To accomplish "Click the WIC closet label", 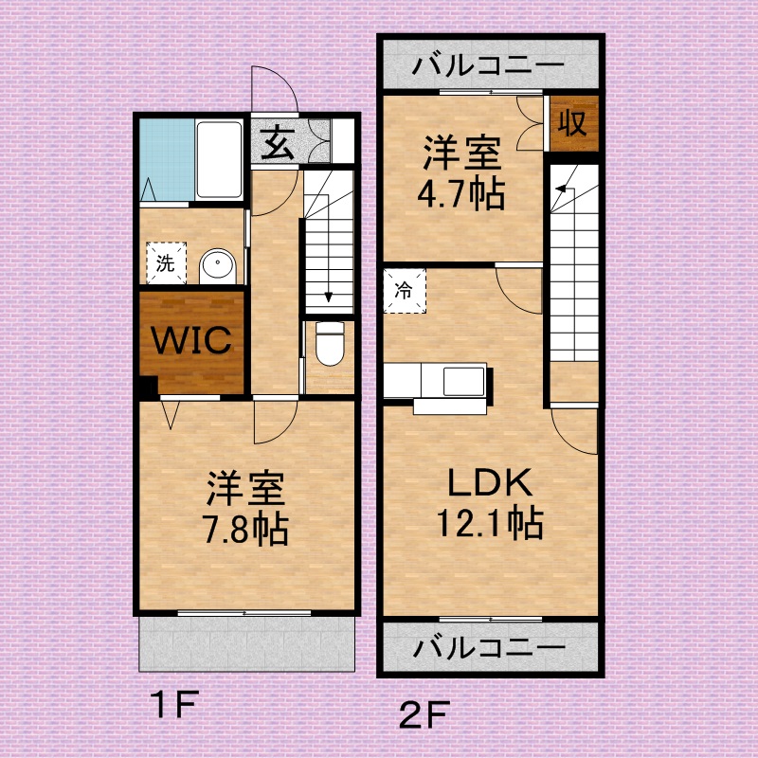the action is tap(191, 340).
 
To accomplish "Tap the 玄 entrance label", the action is tap(277, 143).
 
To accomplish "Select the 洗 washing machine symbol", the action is tap(167, 263).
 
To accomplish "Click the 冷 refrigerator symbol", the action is tap(405, 291).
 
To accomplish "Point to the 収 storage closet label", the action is tap(572, 123).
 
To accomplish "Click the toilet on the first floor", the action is tap(330, 344).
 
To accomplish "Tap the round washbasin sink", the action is tap(218, 266).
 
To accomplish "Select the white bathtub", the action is tap(219, 160).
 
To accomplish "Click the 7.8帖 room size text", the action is tap(245, 530).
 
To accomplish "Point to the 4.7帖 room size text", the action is tap(461, 194).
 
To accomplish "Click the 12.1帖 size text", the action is tap(490, 523).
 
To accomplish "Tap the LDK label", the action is tap(490, 482).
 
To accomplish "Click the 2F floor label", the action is tap(424, 715).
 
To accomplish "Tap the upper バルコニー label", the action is tap(488, 64).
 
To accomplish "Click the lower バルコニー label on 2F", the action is tap(489, 647).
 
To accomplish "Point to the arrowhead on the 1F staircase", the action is tap(329, 297).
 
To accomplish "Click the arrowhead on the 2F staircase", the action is tap(561, 188).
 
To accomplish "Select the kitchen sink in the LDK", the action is tap(464, 382).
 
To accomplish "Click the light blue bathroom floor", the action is tap(167, 160).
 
